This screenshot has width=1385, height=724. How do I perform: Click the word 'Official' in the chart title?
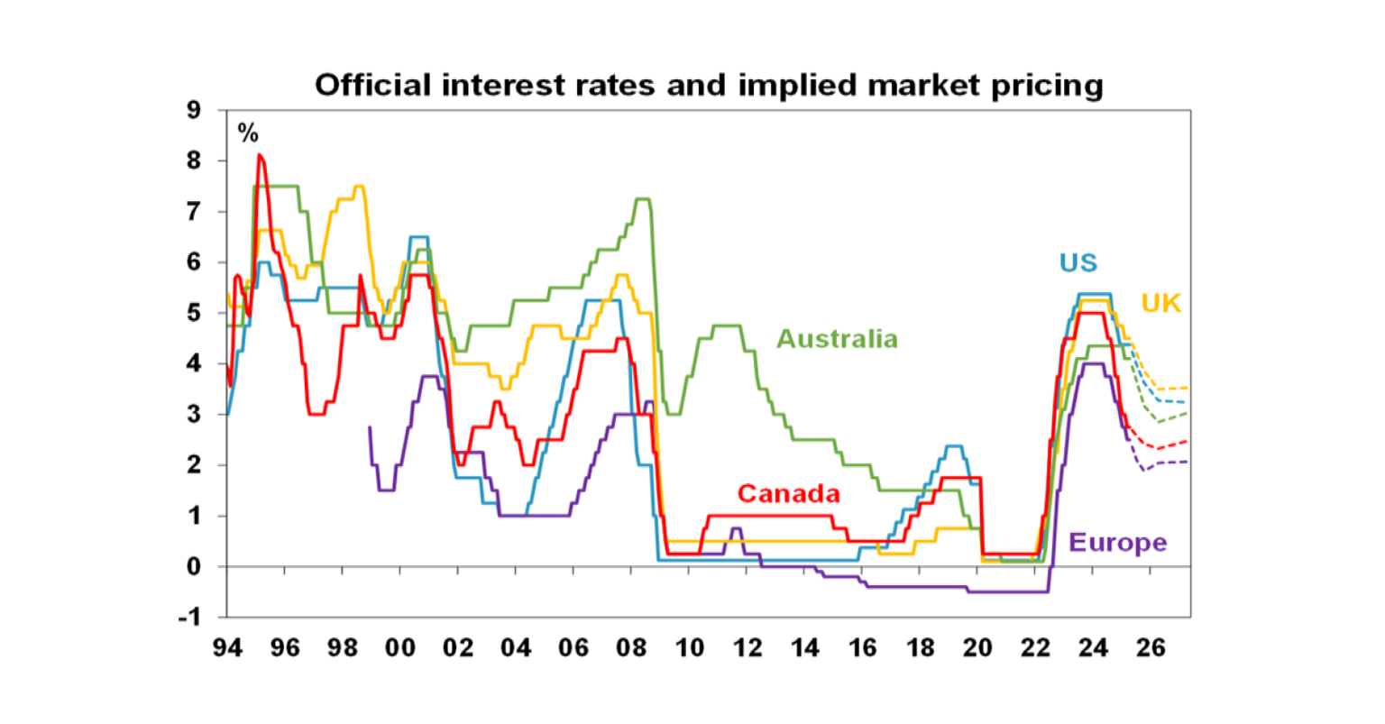[x=367, y=86]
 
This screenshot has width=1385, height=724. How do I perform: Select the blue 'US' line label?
[x=1078, y=262]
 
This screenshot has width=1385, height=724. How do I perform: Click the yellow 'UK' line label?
[x=1160, y=303]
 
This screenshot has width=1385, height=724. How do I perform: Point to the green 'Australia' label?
[x=837, y=339]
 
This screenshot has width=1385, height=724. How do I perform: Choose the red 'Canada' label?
[x=788, y=493]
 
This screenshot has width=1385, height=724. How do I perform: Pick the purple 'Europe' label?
[x=1117, y=543]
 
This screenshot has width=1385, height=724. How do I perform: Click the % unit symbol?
[x=248, y=133]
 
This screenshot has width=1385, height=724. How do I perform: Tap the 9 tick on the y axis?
[x=193, y=110]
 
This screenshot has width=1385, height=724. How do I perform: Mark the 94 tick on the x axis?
[x=227, y=648]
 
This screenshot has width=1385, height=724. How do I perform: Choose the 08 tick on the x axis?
[x=631, y=648]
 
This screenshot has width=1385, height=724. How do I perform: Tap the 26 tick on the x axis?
[x=1151, y=648]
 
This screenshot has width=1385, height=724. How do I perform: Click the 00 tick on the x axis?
[x=400, y=648]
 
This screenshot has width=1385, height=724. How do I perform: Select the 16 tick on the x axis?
[x=862, y=648]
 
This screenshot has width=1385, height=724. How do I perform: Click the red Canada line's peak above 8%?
[x=259, y=155]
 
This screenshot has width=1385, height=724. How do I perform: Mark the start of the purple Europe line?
[x=370, y=427]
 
